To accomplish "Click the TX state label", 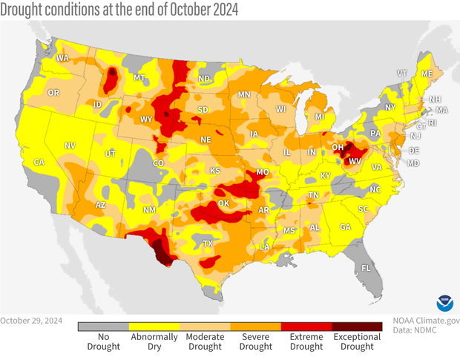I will coord(208,243).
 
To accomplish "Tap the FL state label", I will coord(366,267).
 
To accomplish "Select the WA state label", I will coord(62,58).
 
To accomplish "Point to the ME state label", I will coord(426,74).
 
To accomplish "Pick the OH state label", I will coord(337,147).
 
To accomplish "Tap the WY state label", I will coord(146,119).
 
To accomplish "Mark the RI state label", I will coord(434,123).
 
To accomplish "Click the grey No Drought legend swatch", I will coord(104,326).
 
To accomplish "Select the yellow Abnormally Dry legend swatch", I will coord(154,326).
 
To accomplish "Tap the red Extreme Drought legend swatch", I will coord(306,326).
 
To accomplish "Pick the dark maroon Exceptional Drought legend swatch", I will coord(357,326).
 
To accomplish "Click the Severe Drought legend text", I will coord(256,341).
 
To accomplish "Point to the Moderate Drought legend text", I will coord(206,341).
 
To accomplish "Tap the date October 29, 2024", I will coord(31,321).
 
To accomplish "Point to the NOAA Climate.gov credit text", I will coord(426,321).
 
